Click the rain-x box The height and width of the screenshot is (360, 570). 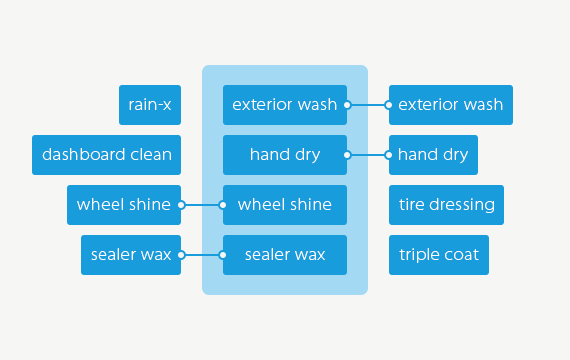click(x=150, y=105)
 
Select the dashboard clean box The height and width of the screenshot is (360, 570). click(x=107, y=155)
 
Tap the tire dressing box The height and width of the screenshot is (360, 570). click(x=446, y=205)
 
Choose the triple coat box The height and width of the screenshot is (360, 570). click(x=439, y=255)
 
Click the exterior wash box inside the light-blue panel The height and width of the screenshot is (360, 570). click(x=284, y=105)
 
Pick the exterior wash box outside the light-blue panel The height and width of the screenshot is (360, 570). click(x=451, y=105)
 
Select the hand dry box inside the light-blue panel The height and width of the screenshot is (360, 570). click(x=284, y=155)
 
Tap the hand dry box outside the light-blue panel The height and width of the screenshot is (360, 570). click(x=433, y=155)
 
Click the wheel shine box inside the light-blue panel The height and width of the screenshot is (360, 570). click(x=284, y=205)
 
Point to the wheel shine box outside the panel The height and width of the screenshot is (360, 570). click(x=124, y=205)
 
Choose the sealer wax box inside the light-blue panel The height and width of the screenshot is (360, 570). click(x=284, y=255)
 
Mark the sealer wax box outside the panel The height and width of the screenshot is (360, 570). click(x=131, y=255)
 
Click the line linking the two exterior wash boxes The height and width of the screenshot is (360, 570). click(x=368, y=105)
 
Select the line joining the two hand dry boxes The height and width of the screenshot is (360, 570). click(x=368, y=155)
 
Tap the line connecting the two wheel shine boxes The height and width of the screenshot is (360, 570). click(x=202, y=205)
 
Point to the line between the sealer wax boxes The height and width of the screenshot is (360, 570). click(x=202, y=255)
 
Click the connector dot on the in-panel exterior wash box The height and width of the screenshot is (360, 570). click(x=347, y=105)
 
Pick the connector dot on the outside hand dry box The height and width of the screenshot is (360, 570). click(x=389, y=155)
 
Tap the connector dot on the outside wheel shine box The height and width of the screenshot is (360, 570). click(x=181, y=205)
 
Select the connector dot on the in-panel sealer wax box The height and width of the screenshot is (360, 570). click(x=223, y=255)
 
